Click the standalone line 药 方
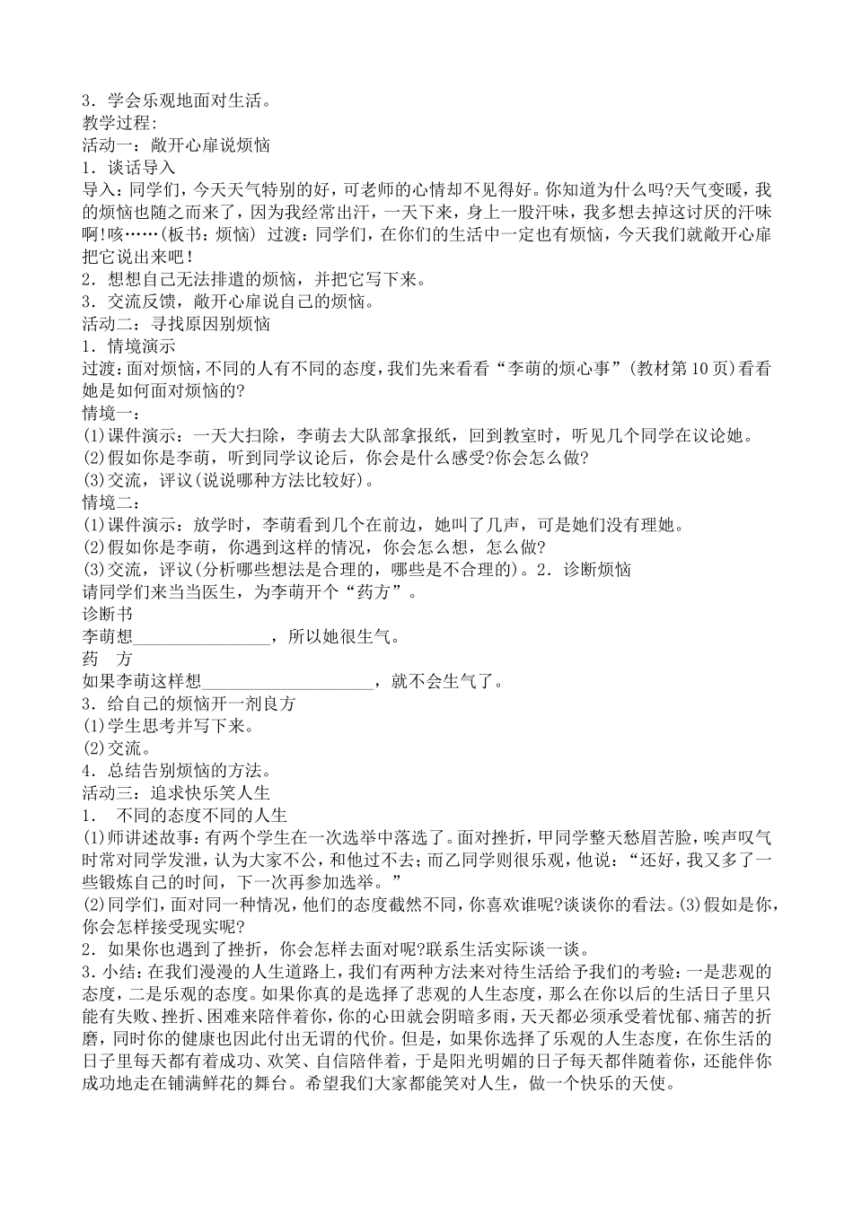[x=107, y=659]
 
